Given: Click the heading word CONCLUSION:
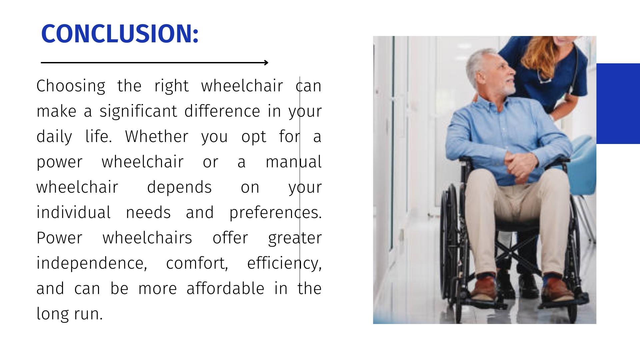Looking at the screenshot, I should (x=120, y=34).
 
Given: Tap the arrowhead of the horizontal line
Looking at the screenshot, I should (x=266, y=62).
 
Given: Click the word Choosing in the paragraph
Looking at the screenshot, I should (x=71, y=86).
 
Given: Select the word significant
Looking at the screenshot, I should (x=138, y=111).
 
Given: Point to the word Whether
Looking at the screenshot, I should (x=157, y=137).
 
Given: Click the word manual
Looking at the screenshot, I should (x=293, y=162).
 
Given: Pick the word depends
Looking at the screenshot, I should (x=179, y=187).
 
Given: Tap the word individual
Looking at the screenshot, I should (x=73, y=213).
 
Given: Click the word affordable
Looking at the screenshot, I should (x=225, y=289).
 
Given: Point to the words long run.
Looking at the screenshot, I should (x=69, y=314).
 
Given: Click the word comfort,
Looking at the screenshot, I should (x=197, y=263).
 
